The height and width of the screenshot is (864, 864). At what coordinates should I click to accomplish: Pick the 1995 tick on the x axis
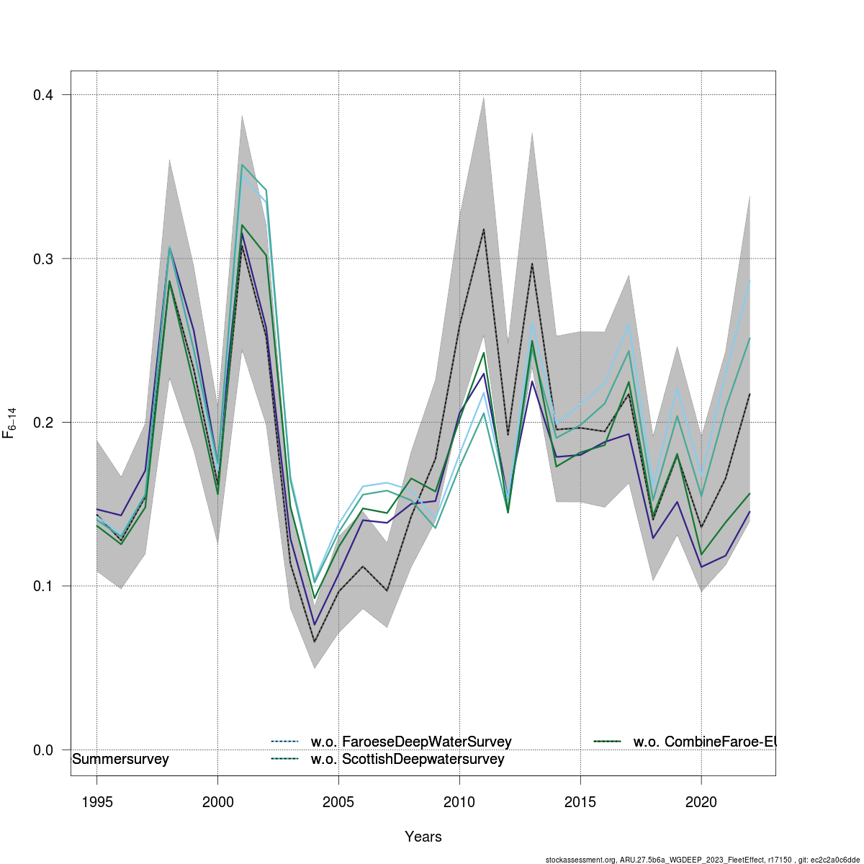click(97, 802)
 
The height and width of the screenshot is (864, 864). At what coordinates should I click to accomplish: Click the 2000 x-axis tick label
click(217, 802)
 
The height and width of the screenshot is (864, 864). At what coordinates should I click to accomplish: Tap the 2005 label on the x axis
click(338, 802)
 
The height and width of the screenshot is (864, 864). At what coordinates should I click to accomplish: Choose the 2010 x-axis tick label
click(459, 802)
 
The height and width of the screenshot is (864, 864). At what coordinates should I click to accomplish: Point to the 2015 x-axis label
click(580, 802)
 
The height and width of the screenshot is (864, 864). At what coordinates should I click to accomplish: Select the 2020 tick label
click(701, 802)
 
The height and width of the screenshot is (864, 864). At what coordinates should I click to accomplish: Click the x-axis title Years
click(423, 837)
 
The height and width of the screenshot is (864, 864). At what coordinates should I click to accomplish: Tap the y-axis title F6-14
click(10, 423)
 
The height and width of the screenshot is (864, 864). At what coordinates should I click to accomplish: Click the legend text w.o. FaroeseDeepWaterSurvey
click(411, 742)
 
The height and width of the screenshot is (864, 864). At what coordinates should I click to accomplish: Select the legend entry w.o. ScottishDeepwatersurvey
click(408, 760)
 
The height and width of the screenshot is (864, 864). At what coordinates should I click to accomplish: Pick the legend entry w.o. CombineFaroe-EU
click(703, 742)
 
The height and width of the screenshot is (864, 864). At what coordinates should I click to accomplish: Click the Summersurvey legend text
click(120, 760)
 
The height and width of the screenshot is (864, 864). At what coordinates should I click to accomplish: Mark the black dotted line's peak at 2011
click(483, 229)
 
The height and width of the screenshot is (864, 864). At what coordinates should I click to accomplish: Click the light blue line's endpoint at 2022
click(750, 280)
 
